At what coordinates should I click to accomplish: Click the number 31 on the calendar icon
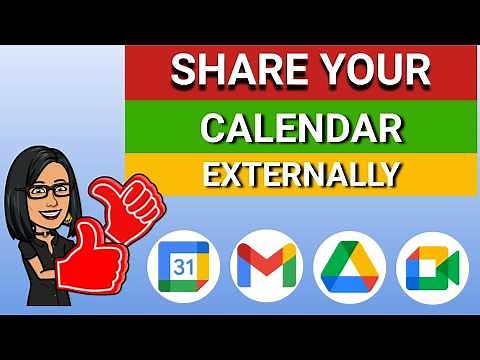183,268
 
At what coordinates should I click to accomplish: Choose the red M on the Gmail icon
266,267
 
